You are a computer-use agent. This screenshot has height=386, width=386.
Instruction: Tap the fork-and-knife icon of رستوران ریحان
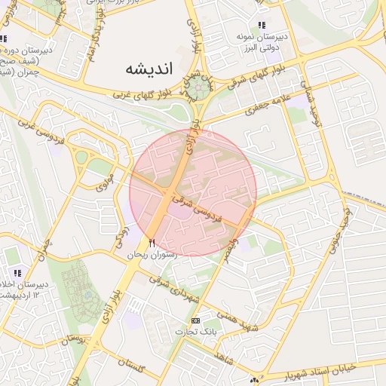tap(152, 243)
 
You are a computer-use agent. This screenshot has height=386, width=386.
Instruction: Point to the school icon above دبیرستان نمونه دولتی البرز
tap(262, 26)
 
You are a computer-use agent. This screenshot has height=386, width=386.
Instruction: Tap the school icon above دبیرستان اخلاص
tap(17, 272)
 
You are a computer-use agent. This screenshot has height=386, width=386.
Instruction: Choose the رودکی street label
tap(121, 239)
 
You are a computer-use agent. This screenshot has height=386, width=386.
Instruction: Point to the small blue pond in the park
tap(81, 158)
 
